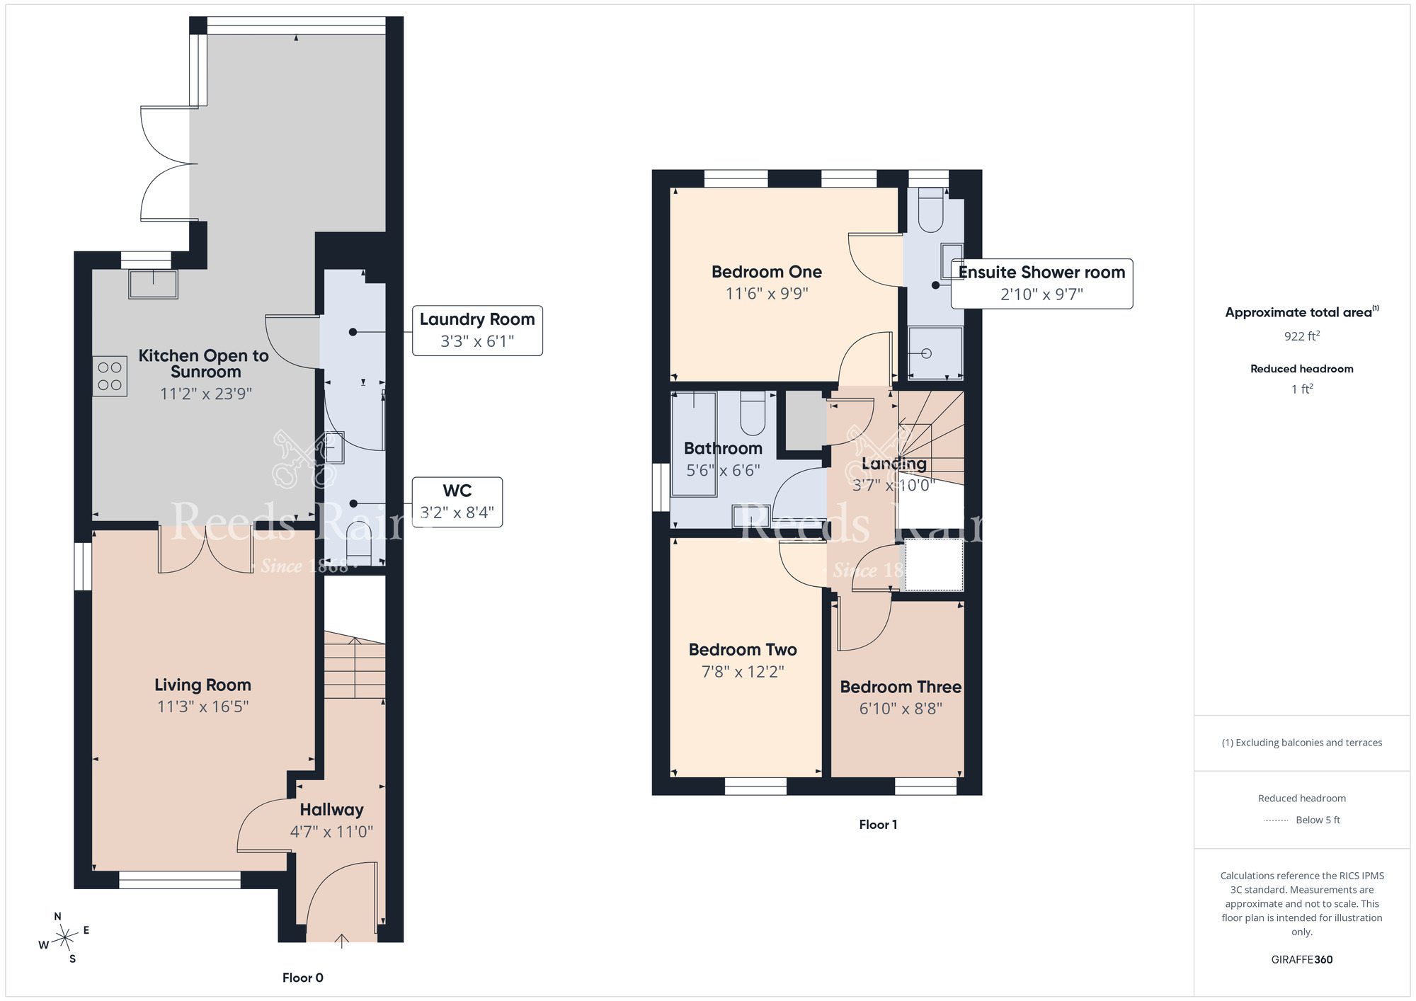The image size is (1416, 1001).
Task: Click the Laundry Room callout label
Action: click(x=477, y=331)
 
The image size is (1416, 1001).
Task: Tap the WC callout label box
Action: click(x=457, y=502)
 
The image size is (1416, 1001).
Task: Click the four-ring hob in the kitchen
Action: click(x=110, y=375)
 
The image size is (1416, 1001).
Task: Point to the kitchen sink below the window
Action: click(x=153, y=285)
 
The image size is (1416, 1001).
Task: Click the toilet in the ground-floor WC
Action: click(x=359, y=543)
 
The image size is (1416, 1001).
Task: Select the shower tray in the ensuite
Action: click(x=935, y=353)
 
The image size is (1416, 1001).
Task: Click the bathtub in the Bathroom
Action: click(x=694, y=444)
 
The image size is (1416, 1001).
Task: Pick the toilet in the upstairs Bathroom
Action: click(x=753, y=413)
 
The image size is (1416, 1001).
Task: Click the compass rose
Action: click(x=64, y=938)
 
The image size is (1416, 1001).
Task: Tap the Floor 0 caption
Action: click(x=303, y=978)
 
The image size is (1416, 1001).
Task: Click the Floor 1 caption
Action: click(x=878, y=825)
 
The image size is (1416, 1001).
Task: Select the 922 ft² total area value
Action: click(x=1302, y=336)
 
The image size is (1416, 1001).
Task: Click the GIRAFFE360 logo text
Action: click(x=1302, y=960)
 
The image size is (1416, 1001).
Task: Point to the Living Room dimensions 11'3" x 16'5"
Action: click(x=203, y=707)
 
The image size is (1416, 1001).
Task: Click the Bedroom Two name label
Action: click(x=743, y=650)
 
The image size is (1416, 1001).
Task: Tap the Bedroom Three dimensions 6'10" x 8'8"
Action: click(x=901, y=709)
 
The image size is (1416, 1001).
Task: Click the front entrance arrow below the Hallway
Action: click(x=341, y=941)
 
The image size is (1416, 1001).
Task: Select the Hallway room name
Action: click(x=331, y=810)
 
